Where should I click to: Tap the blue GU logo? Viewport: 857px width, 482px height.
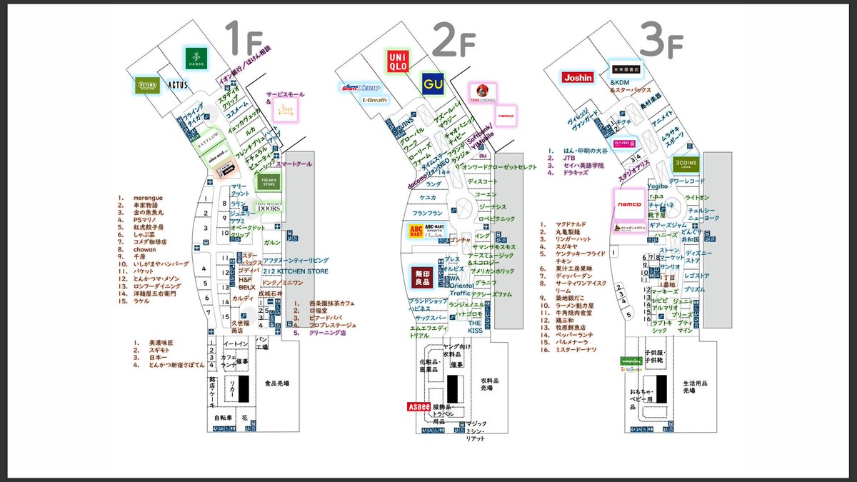[432, 84]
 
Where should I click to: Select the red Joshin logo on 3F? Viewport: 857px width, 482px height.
[577, 77]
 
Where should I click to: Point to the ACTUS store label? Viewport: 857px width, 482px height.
[176, 85]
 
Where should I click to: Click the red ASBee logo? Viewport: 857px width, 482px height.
[418, 406]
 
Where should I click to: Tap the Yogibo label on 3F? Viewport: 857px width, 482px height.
[658, 186]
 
